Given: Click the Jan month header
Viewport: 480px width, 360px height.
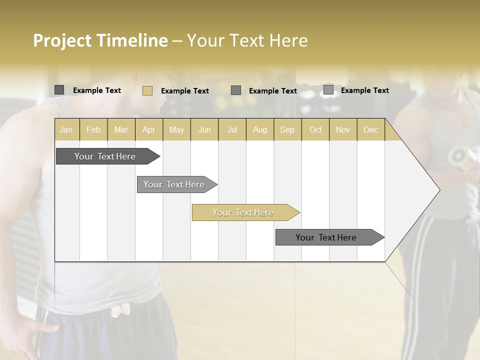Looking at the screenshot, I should [66, 130].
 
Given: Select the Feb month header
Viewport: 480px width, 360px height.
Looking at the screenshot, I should [93, 130].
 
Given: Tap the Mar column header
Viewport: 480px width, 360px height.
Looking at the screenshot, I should [121, 130].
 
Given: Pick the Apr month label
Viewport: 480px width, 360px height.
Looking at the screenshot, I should [149, 130].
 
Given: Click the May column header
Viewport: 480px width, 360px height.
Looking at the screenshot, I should [176, 130].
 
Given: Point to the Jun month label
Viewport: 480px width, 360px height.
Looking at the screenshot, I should [204, 130].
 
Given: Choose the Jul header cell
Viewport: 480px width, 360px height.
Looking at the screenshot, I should [232, 130].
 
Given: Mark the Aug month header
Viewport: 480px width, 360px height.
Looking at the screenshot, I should [260, 130].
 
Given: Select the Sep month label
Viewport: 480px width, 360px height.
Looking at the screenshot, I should [287, 130].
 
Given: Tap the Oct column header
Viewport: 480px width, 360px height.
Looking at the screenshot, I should [315, 130].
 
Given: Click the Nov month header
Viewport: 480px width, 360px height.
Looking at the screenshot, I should [343, 130].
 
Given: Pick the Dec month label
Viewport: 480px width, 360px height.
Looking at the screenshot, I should [371, 130].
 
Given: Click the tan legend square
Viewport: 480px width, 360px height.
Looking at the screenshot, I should [147, 90].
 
